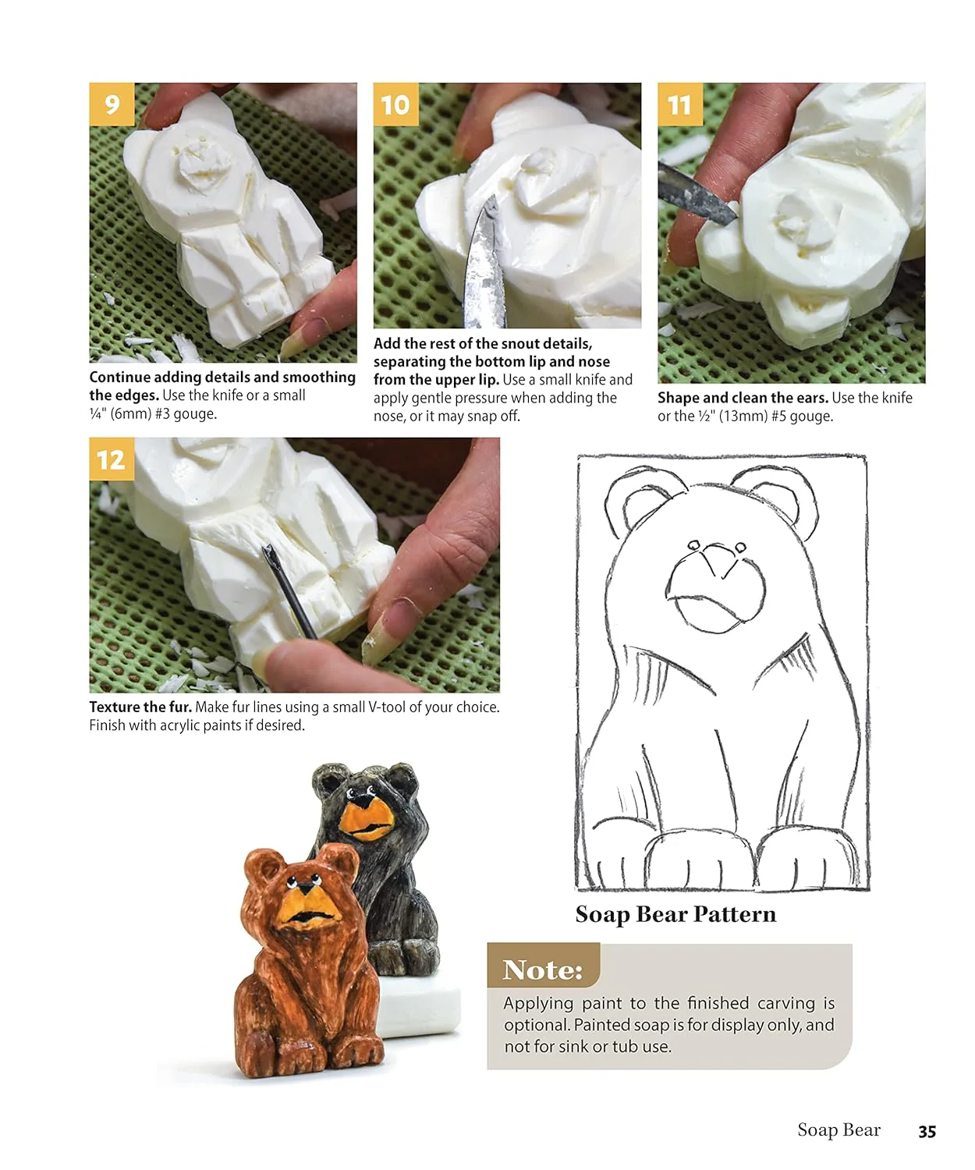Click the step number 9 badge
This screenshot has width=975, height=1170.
click(x=112, y=105)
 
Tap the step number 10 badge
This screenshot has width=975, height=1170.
click(x=395, y=105)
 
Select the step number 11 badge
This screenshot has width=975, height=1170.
click(x=679, y=105)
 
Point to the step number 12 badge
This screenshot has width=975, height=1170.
click(x=112, y=459)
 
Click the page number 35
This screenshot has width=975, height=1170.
click(x=927, y=1131)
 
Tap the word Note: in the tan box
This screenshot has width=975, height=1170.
click(x=542, y=970)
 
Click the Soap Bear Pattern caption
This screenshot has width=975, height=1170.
click(x=675, y=914)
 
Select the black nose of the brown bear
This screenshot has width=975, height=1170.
click(x=306, y=888)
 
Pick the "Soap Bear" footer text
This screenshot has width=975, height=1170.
click(x=838, y=1130)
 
